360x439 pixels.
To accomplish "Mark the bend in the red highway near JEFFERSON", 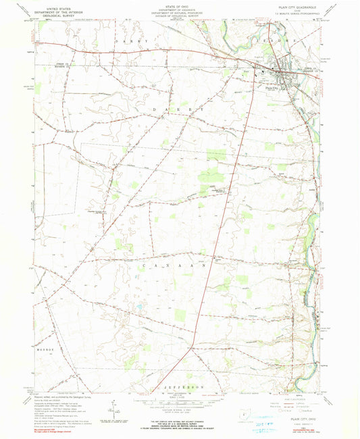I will click(192, 347).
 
